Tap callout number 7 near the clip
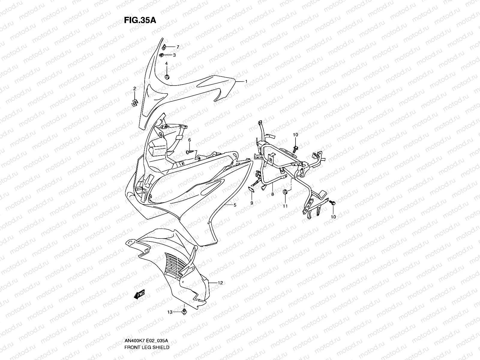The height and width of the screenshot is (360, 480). pyautogui.click(x=178, y=47)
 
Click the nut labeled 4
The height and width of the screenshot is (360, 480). pyautogui.click(x=167, y=77)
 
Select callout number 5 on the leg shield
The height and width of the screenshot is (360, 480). pyautogui.click(x=235, y=205)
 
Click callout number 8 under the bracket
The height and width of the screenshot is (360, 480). pyautogui.click(x=272, y=195)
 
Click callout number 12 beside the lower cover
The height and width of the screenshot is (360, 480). pyautogui.click(x=220, y=283)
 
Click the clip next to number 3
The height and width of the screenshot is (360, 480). pyautogui.click(x=169, y=55)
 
